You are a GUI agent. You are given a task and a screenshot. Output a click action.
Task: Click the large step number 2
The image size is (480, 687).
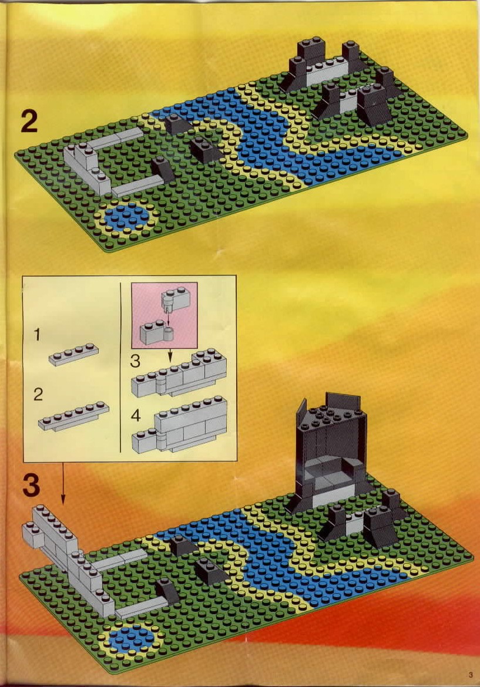tap(29, 122)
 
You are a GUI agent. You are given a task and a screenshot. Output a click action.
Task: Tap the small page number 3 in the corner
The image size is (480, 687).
tap(471, 675)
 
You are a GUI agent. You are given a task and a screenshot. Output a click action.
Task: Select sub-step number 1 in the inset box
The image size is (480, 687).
tap(37, 335)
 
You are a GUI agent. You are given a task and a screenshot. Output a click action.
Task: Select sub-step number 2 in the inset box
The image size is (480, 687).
tap(38, 395)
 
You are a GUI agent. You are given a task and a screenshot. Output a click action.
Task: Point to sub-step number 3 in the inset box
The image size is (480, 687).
tap(135, 361)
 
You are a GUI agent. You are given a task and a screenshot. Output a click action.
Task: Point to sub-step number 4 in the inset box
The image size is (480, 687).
tap(136, 415)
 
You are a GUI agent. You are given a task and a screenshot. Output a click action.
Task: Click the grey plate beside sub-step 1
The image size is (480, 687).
tap(73, 355)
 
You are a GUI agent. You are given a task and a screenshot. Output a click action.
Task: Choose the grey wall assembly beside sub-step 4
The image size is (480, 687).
tap(179, 425)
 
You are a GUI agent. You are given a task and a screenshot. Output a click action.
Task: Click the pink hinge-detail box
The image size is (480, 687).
tap(165, 315)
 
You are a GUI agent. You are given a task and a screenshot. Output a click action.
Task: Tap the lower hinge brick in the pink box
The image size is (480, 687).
tap(156, 334)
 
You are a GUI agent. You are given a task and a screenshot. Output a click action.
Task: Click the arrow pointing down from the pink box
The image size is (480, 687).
tap(170, 355)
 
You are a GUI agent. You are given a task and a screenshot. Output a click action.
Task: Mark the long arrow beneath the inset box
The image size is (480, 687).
tap(63, 483)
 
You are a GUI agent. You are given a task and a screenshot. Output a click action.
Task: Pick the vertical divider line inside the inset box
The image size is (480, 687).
tap(120, 367)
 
